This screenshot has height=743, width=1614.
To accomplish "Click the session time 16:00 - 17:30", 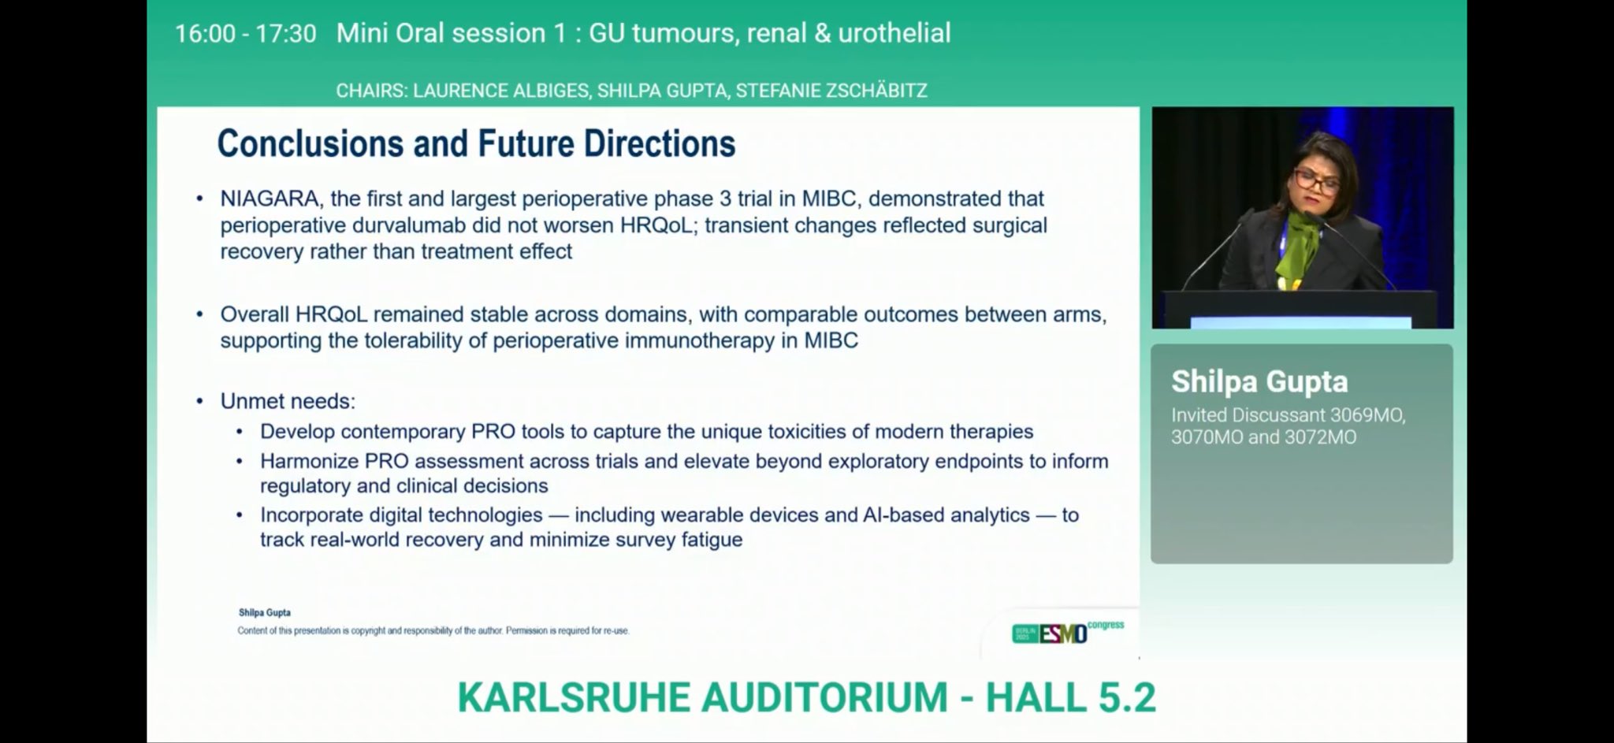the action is [x=245, y=33].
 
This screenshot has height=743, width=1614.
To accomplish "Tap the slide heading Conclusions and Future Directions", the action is [x=476, y=143].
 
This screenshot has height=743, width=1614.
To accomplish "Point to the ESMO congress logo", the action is [x=1068, y=632].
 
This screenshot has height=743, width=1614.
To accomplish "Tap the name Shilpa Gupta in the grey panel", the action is [x=1259, y=381].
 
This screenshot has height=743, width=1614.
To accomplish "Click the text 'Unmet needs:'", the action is [x=288, y=401].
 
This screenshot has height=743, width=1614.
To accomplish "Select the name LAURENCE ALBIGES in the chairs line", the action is [x=500, y=91].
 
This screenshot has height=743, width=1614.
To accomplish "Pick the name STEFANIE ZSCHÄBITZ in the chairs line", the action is [x=831, y=91].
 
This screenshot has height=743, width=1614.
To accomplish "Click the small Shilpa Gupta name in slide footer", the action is [x=265, y=612].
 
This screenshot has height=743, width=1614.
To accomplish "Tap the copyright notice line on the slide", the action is [x=433, y=630].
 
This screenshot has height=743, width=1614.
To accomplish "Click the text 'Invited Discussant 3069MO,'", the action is [x=1289, y=414].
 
